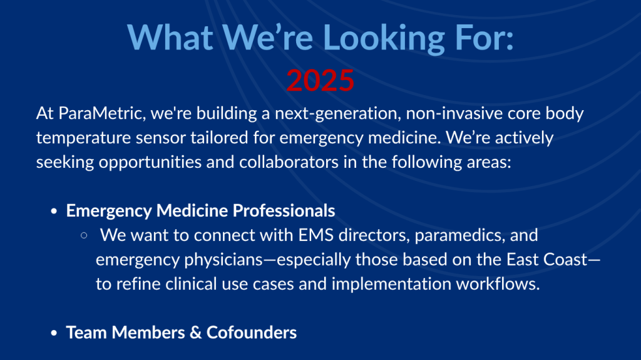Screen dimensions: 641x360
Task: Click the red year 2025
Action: [x=320, y=80]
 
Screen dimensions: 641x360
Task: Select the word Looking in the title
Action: [x=384, y=38]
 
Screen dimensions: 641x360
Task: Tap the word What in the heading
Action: [x=170, y=37]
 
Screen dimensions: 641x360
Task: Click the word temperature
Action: [x=83, y=138]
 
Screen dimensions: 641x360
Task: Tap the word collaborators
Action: [x=289, y=162]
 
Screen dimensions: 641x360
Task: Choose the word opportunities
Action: [x=150, y=163]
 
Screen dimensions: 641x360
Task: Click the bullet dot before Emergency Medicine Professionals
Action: [x=54, y=211]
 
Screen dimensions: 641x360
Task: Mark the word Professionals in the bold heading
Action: [x=284, y=211]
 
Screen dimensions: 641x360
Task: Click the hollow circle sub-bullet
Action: [x=85, y=235]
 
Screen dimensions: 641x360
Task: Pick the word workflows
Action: [x=498, y=284]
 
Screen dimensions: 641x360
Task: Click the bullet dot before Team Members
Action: [x=54, y=333]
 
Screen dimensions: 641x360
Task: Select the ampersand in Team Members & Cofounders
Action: [x=195, y=332]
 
